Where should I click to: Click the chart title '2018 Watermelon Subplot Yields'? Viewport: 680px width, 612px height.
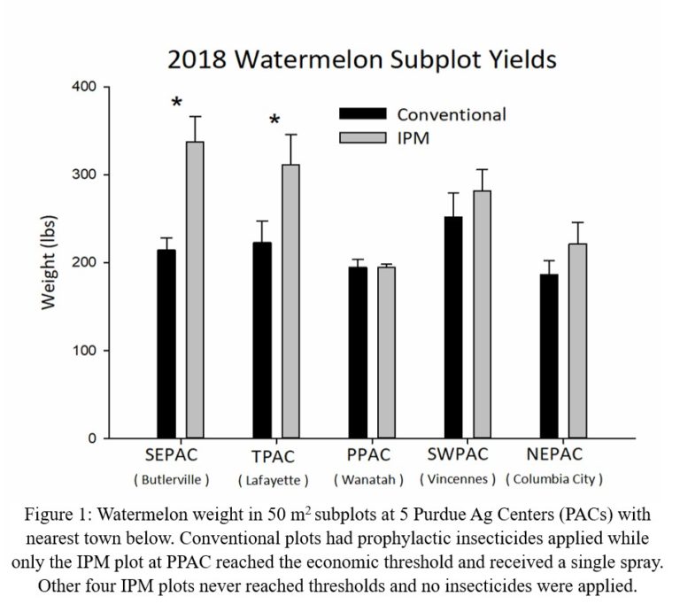362,59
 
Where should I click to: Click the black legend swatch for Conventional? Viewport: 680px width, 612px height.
363,114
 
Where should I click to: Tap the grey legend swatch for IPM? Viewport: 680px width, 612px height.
363,136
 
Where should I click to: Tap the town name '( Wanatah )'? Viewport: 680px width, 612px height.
368,480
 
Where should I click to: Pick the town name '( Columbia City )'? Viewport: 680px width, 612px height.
554,480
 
